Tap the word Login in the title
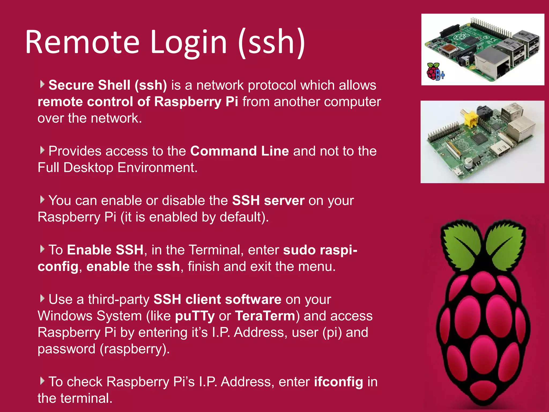pyautogui.click(x=188, y=42)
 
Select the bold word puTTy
pyautogui.click(x=195, y=316)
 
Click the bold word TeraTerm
pyautogui.click(x=265, y=316)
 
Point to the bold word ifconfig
pyautogui.click(x=339, y=382)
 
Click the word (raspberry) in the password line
pyautogui.click(x=135, y=349)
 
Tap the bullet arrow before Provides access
pyautogui.click(x=42, y=150)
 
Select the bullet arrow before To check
pyautogui.click(x=42, y=381)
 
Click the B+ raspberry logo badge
pyautogui.click(x=435, y=72)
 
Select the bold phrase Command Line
pyautogui.click(x=239, y=151)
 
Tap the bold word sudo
pyautogui.click(x=299, y=250)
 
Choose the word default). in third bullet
pyautogui.click(x=244, y=217)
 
